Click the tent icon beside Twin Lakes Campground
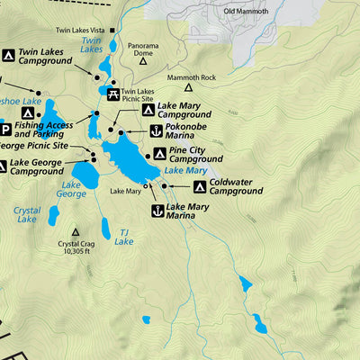[x=8, y=56]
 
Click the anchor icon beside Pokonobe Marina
[x=155, y=131]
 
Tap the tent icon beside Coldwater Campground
[x=199, y=186]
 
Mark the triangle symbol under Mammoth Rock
[x=188, y=87]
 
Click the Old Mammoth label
[x=245, y=12]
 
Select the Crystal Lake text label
[x=27, y=214]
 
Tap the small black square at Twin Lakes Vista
[x=112, y=30]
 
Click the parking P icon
[x=4, y=130]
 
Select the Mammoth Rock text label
[x=187, y=77]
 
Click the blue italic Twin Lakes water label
[x=91, y=45]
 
